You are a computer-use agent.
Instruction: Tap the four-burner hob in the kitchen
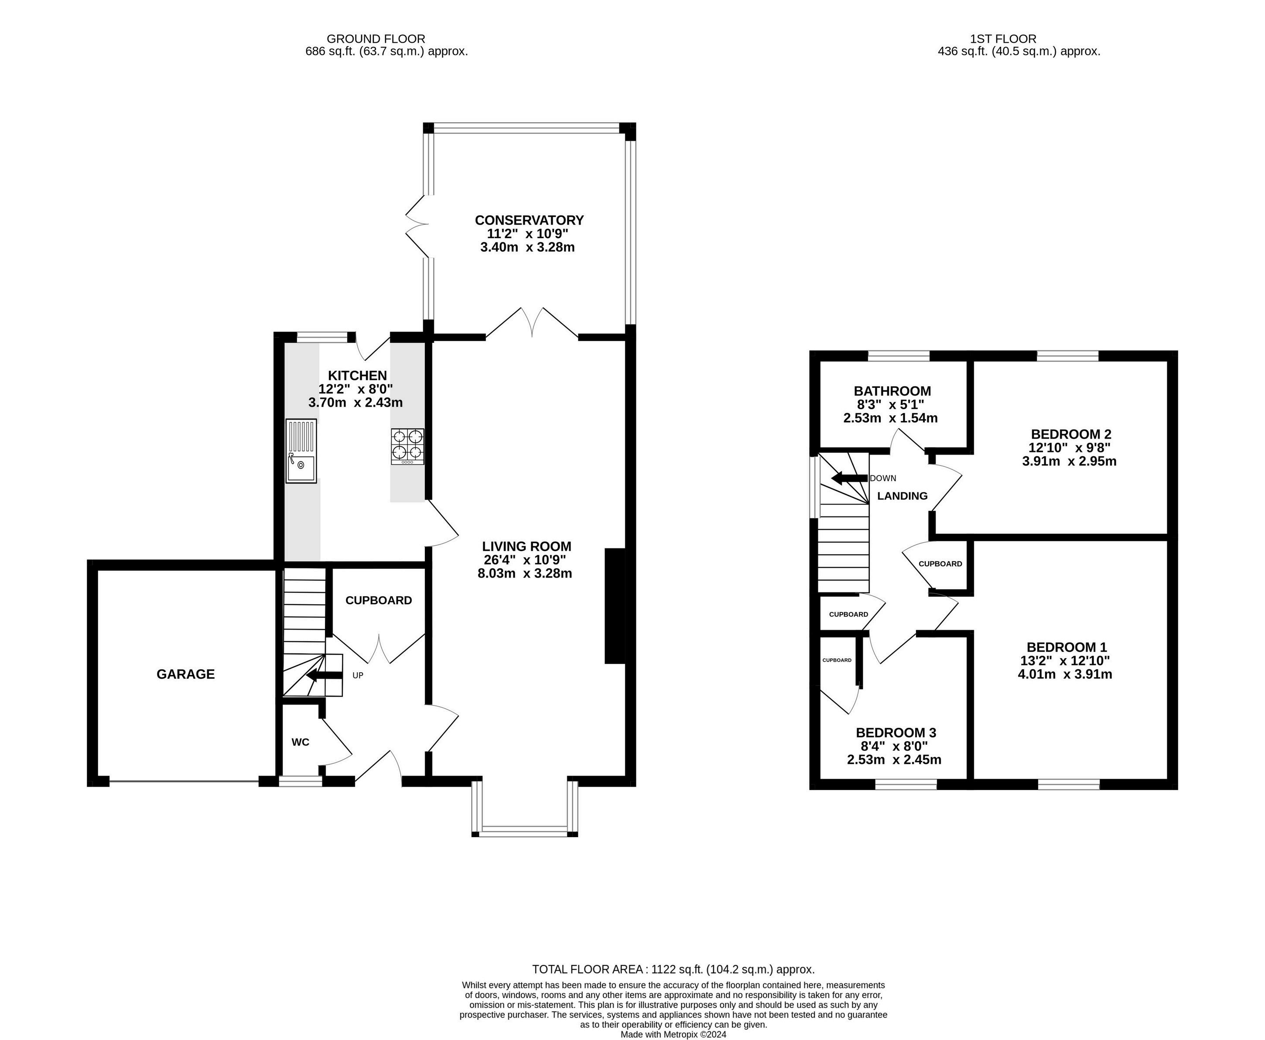tap(408, 446)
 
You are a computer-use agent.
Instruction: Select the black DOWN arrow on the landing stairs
tap(849, 478)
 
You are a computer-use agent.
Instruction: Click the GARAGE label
tap(186, 674)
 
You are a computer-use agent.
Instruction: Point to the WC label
tap(301, 742)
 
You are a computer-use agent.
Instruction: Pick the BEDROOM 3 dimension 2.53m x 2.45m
tap(894, 759)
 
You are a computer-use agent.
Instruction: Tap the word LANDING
tap(902, 496)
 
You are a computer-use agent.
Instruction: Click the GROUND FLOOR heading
tap(376, 39)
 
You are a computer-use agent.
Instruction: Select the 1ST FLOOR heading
tap(1003, 39)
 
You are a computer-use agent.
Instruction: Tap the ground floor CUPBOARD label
tap(379, 600)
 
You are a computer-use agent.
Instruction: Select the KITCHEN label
tap(358, 376)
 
